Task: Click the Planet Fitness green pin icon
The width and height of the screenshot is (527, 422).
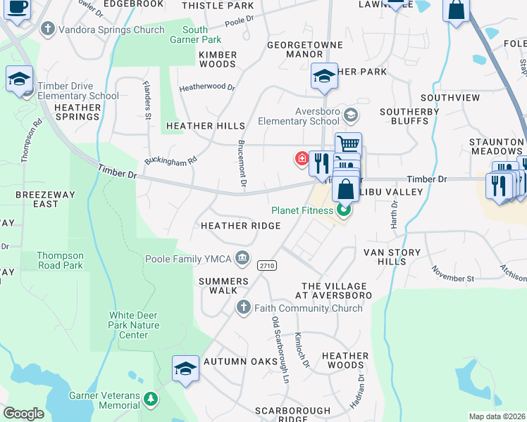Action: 344,210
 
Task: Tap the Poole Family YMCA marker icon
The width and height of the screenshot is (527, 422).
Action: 243,259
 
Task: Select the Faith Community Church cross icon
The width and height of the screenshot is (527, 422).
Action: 243,307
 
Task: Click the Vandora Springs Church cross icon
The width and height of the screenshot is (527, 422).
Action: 48,30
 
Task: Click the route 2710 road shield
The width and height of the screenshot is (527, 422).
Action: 266,265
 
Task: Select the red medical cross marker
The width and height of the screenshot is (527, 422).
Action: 302,159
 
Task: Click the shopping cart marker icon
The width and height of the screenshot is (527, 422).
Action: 347,143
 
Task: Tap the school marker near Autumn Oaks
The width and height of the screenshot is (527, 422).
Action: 185,368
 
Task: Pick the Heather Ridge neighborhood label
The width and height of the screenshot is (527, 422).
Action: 240,226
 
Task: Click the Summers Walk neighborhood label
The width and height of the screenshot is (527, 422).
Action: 223,286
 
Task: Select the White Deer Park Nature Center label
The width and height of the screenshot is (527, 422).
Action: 133,326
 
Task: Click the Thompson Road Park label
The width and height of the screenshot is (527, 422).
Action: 60,260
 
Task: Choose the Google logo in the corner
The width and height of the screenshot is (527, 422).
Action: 24,414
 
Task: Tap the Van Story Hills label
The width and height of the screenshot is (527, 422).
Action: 392,257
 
